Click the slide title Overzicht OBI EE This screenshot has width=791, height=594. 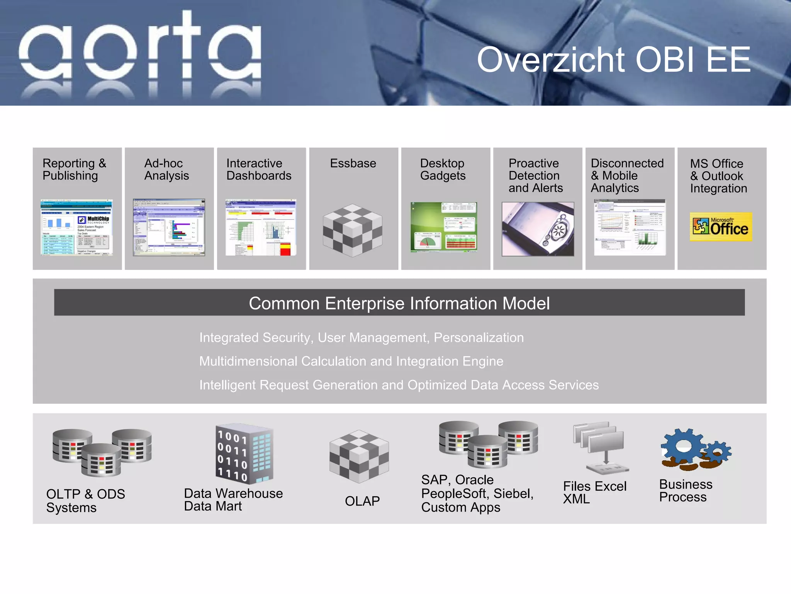coord(613,60)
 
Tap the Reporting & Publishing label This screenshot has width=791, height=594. coord(74,169)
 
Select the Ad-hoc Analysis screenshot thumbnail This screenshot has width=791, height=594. coord(169,227)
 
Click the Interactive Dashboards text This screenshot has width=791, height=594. coord(258,169)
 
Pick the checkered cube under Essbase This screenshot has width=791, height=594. coord(353,230)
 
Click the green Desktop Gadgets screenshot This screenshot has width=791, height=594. coord(444,227)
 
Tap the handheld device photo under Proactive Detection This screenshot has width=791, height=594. coord(538,229)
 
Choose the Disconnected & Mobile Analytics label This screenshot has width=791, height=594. coord(627,176)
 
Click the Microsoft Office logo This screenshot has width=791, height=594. coord(721,227)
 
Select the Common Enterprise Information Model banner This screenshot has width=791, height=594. coord(399,303)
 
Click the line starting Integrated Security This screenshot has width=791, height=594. coord(361,338)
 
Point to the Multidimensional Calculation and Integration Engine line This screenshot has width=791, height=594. coord(351,361)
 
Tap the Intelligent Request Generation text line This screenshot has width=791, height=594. coord(399,385)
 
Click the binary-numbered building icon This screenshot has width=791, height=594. coord(244,454)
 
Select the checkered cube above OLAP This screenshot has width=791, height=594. coord(359,456)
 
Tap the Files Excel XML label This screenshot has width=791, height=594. coord(594,492)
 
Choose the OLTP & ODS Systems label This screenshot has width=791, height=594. coord(85,500)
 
